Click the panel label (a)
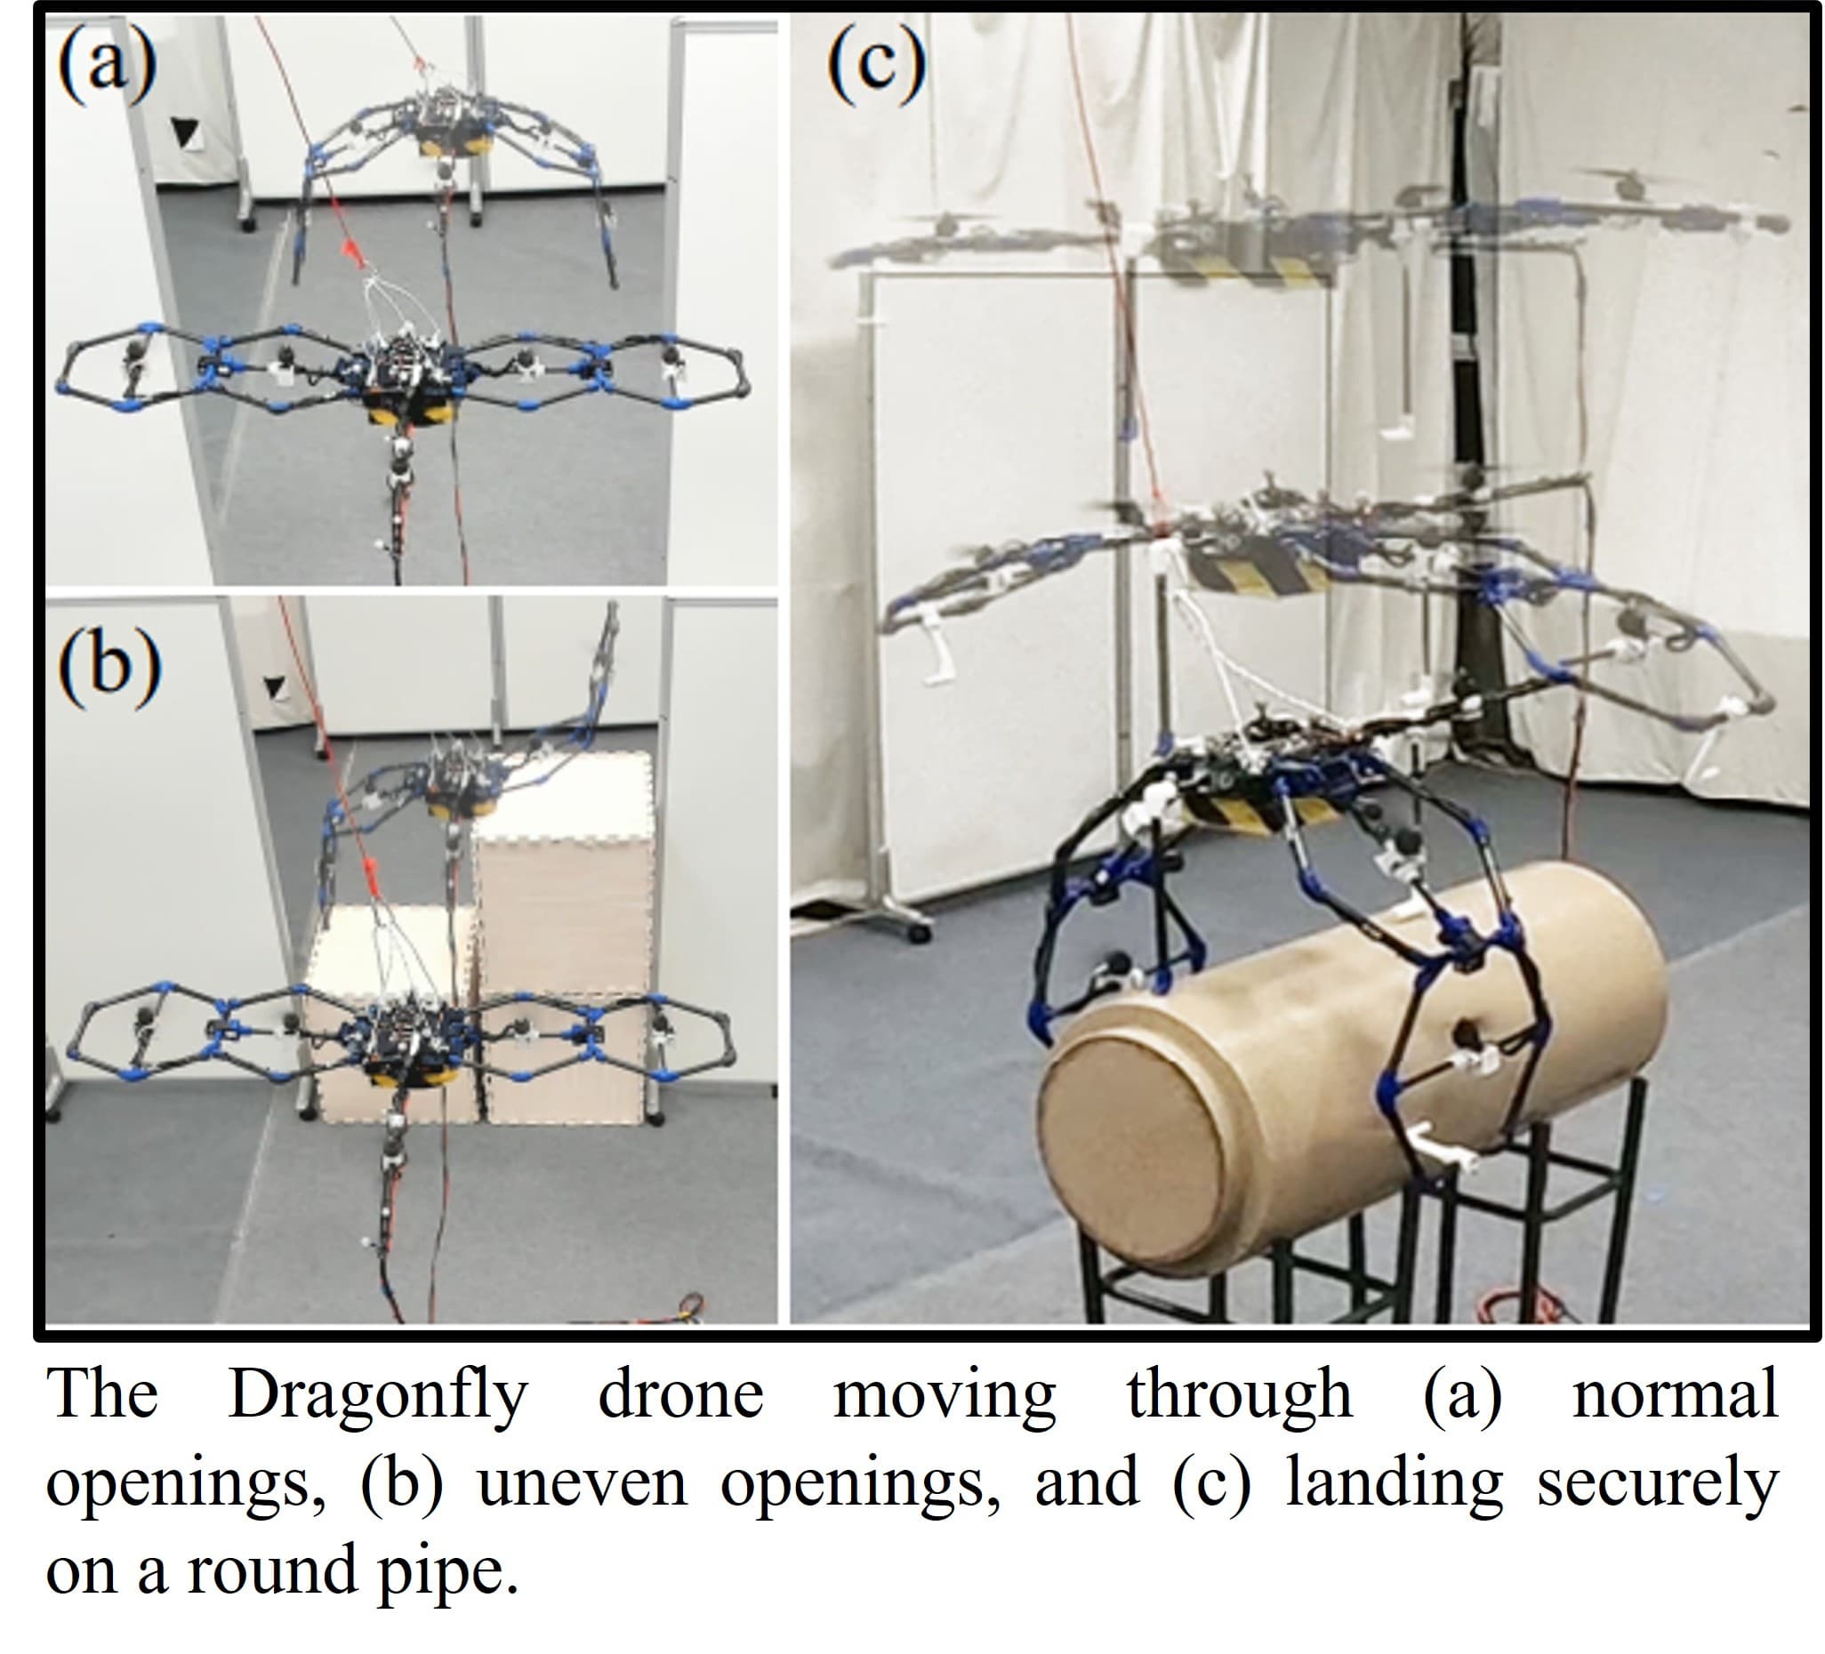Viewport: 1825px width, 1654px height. coord(107,64)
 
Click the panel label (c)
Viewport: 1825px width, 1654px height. coord(876,63)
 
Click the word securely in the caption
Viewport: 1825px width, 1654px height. coord(1658,1484)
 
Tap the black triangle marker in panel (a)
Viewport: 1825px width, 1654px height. coord(185,133)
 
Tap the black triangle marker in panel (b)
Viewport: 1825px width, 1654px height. coord(273,687)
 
